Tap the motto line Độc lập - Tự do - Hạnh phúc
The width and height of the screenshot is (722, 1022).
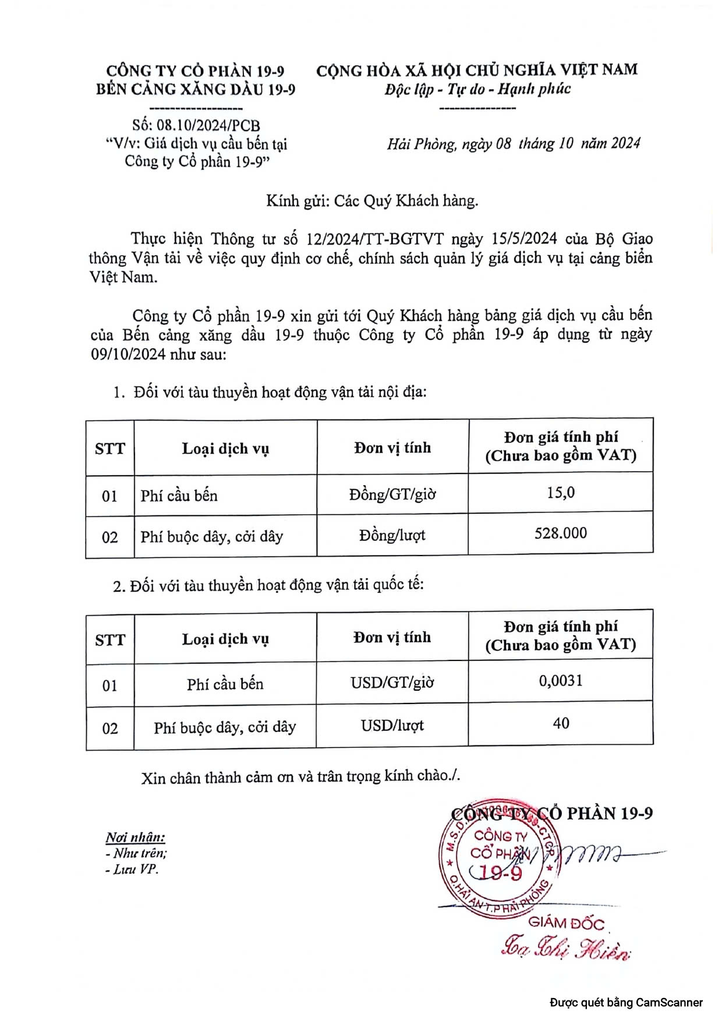477,89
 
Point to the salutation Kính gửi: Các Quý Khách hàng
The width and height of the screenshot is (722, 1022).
372,201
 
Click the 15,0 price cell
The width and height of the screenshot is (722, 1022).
560,493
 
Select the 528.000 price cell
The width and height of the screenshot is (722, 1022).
560,533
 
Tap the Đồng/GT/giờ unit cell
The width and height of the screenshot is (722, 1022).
392,494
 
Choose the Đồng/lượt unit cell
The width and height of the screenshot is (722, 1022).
392,535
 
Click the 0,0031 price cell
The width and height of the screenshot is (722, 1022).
560,681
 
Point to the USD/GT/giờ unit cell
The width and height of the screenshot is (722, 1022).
392,682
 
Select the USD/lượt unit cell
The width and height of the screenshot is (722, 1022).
392,726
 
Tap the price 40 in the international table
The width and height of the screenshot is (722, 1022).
560,723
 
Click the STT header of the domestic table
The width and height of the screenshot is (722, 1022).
110,448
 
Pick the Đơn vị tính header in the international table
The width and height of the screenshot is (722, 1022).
392,637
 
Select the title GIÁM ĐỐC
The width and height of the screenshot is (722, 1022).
566,922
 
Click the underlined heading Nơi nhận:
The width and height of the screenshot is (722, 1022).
135,837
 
